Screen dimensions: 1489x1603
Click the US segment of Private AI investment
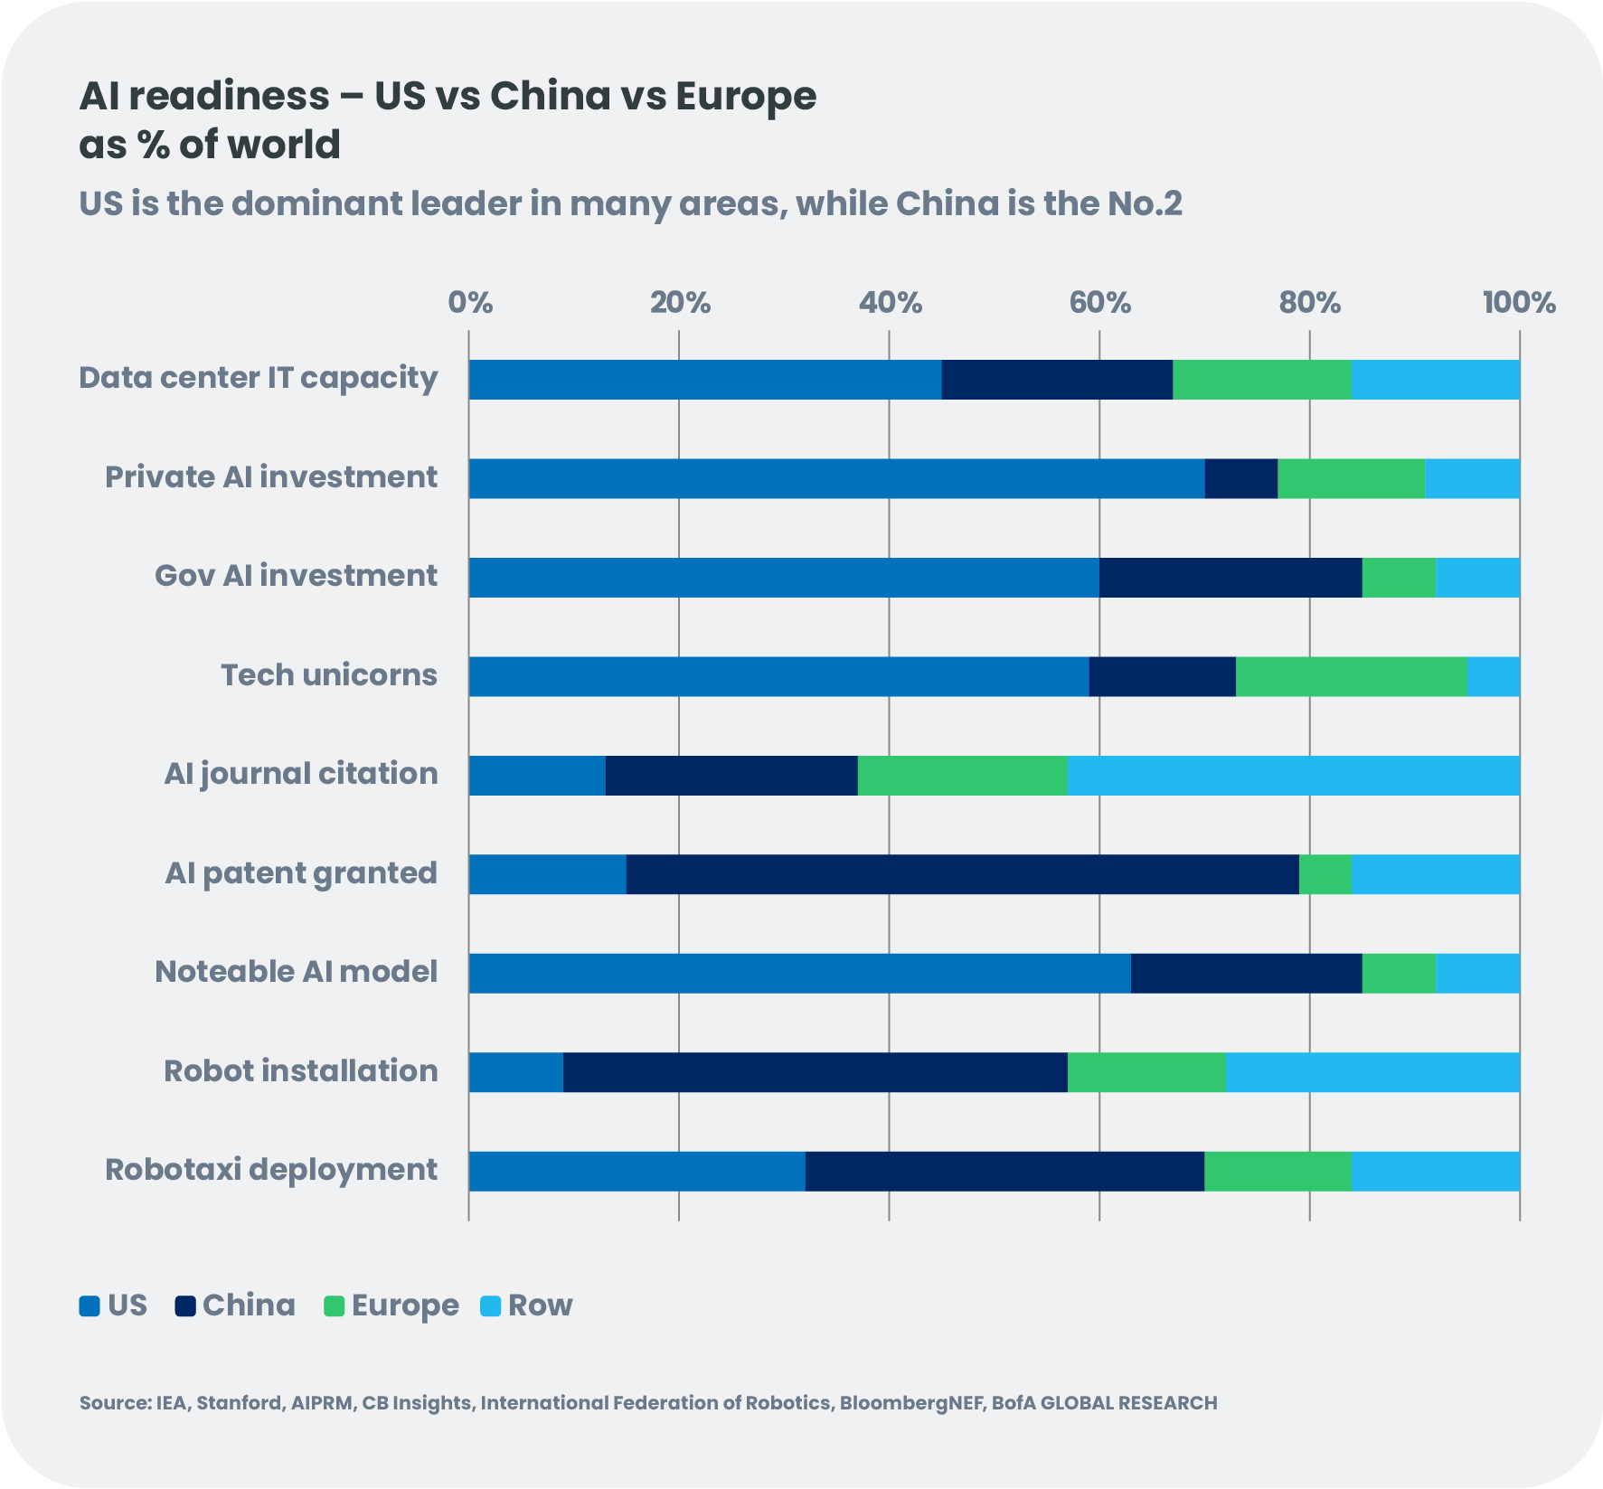[836, 478]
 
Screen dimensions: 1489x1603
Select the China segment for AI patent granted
[962, 874]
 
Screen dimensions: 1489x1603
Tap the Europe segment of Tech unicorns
[1352, 676]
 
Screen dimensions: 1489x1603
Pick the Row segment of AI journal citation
[1294, 776]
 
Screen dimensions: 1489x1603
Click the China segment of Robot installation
[815, 1072]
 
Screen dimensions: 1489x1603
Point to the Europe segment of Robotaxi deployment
[1278, 1171]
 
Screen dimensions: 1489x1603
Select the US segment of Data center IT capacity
[705, 380]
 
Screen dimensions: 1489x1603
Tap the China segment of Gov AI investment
[1231, 578]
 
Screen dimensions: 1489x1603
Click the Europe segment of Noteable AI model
[1399, 973]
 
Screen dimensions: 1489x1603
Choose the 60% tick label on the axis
[1099, 303]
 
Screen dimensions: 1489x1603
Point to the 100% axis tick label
[1519, 303]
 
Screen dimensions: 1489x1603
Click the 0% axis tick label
[470, 303]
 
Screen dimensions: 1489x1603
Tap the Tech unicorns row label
[329, 675]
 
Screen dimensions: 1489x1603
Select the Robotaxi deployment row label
[271, 1170]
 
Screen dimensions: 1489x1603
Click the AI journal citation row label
[301, 774]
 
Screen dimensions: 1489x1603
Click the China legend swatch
[186, 1306]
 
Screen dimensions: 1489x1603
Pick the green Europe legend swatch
[335, 1306]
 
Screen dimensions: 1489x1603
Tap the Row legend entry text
[540, 1305]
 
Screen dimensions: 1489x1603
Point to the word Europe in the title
[745, 96]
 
